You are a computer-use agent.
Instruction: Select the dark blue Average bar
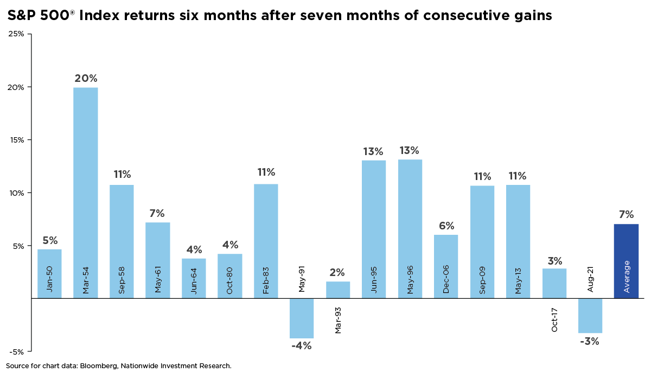(x=626, y=261)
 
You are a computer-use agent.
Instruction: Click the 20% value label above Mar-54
(x=86, y=78)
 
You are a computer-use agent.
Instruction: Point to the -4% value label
(x=301, y=345)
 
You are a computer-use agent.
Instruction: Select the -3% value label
(x=590, y=341)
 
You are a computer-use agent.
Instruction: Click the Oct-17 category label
(x=554, y=319)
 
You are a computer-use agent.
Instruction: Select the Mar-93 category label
(x=338, y=319)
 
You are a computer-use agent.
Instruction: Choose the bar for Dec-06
(x=446, y=266)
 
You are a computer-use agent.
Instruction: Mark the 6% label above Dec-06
(x=446, y=226)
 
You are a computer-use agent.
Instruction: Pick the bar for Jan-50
(x=49, y=274)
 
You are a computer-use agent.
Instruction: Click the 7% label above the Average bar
(x=626, y=215)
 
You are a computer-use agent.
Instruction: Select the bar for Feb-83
(x=266, y=241)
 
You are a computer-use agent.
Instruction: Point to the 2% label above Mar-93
(x=338, y=272)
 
